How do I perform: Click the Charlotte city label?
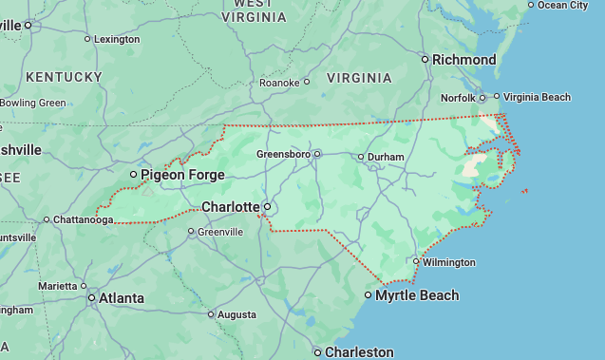click(230, 207)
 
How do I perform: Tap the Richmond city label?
click(463, 60)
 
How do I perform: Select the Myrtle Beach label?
click(417, 296)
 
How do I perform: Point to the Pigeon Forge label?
click(182, 175)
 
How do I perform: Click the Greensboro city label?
click(284, 154)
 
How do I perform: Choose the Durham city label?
click(386, 157)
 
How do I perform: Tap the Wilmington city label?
click(449, 262)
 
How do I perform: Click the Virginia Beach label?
click(538, 97)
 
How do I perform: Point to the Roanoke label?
click(279, 83)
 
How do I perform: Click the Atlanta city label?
click(122, 298)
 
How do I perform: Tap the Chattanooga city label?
click(83, 220)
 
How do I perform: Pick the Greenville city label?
click(220, 232)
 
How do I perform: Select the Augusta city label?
click(236, 314)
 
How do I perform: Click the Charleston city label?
click(359, 352)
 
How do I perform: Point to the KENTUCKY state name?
click(64, 76)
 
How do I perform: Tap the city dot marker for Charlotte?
click(267, 206)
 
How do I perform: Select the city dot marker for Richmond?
click(425, 60)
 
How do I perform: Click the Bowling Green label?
click(33, 103)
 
